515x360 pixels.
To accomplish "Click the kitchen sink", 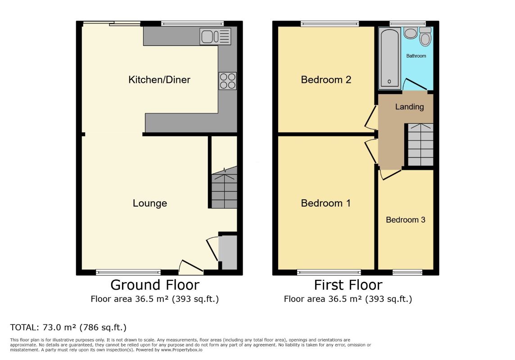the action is (x=215, y=36).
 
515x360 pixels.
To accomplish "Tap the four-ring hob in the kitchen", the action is (x=228, y=81).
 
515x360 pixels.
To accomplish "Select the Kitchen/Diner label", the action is (x=159, y=80).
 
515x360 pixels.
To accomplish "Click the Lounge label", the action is (x=150, y=203).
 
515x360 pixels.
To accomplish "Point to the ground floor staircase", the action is (x=224, y=187).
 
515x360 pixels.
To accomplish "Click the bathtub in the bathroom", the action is (x=389, y=58).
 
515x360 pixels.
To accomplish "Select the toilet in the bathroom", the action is (x=425, y=36).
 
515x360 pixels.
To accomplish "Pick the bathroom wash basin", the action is (x=410, y=33).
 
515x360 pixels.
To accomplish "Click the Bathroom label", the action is (x=416, y=56).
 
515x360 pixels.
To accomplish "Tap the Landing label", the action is (x=409, y=107).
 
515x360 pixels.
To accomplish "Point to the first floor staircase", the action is (x=420, y=145).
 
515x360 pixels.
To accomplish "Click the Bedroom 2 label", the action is (x=326, y=80).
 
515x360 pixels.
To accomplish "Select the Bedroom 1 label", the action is (x=326, y=203).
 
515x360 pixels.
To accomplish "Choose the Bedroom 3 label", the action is (x=406, y=220).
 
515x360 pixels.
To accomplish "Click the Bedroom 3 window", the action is (x=407, y=272).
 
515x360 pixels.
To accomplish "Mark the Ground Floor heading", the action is (x=155, y=285).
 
